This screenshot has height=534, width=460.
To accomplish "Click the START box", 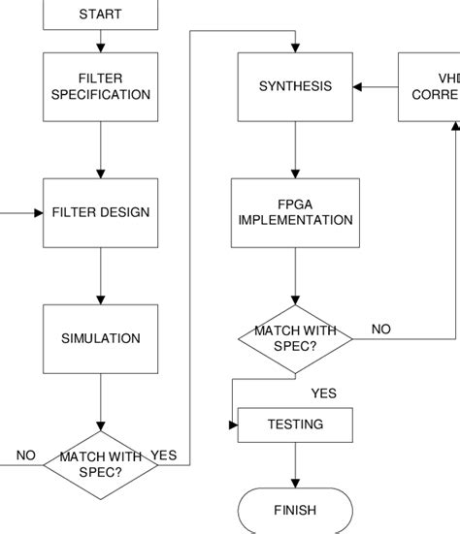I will point(100,15).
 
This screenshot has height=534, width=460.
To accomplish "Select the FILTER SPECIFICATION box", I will point(100,87).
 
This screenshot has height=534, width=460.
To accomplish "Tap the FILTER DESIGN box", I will point(100,212).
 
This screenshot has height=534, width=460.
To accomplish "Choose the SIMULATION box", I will point(100,338).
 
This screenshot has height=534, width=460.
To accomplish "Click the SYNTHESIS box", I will point(295,87).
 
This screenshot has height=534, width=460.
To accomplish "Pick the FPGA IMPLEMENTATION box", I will point(295,212).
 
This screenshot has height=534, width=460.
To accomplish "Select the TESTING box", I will point(295,424).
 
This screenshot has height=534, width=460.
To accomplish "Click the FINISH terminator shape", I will point(295,510).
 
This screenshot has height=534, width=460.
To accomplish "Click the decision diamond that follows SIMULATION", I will point(100,464).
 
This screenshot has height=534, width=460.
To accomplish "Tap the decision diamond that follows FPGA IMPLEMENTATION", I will point(295,338).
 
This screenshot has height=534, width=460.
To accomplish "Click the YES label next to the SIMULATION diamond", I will point(164,455).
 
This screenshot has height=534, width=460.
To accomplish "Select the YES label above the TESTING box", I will point(323,393).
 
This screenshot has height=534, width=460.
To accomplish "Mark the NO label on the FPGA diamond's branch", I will point(381,330).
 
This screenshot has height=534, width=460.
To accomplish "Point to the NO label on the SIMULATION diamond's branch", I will point(26,455).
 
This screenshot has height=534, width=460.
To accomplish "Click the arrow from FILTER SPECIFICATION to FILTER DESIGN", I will point(100,149).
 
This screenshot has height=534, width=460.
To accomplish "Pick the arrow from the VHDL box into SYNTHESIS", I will point(375,87).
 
